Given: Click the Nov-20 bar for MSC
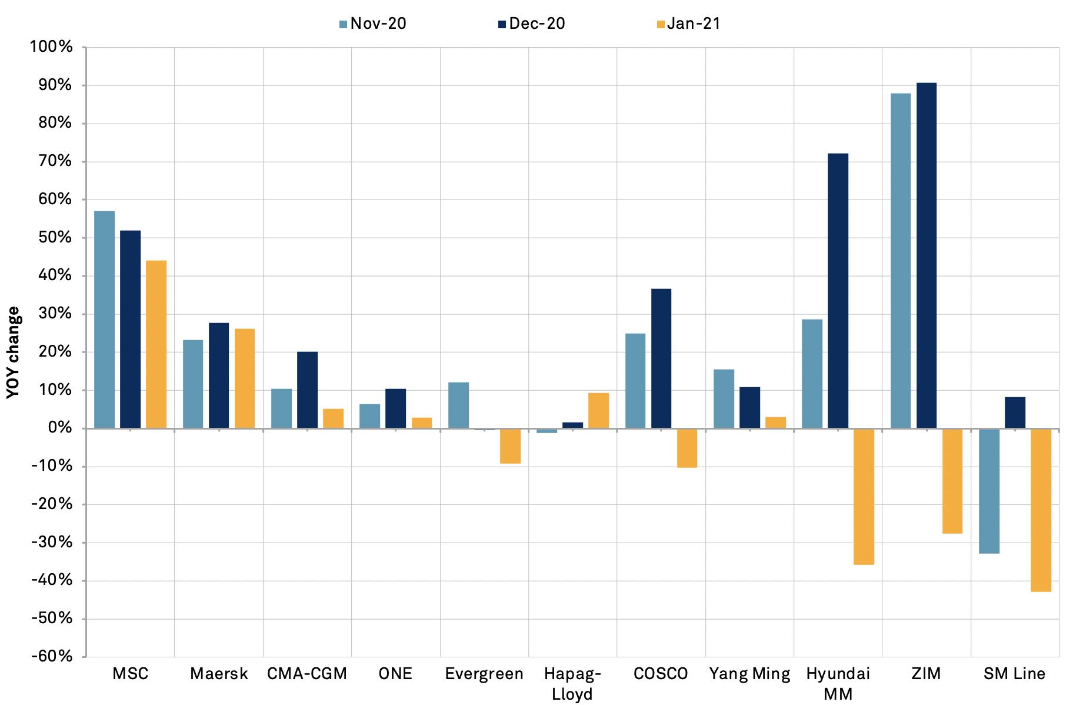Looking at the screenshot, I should coord(104,320).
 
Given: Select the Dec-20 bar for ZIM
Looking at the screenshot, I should coord(927,255).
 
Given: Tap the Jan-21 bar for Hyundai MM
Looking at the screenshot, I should coord(864,496).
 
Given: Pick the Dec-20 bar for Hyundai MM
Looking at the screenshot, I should coord(838,291).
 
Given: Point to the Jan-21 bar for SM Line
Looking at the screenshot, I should coord(1041,510).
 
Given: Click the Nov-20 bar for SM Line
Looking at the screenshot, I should coord(989,491).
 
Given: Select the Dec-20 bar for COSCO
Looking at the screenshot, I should coord(661,358).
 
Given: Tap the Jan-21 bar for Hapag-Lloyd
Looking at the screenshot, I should coord(598,410).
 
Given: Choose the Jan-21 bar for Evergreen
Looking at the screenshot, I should coord(510,445).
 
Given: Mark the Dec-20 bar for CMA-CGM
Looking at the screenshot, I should coord(307,390).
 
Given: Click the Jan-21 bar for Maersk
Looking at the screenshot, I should coord(245,378).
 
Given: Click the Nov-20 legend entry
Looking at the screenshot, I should coord(373,24).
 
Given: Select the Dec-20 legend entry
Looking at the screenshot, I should coord(532,24).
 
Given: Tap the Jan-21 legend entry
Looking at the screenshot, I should coord(689,24).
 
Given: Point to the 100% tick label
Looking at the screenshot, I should coord(52,46).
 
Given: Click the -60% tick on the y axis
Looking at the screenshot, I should coord(52,656).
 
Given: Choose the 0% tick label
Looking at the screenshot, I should coord(59,428).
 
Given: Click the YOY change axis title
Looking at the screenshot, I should coord(13,352).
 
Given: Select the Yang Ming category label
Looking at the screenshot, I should coord(749,674).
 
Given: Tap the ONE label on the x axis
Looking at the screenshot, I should coord(395,674).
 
